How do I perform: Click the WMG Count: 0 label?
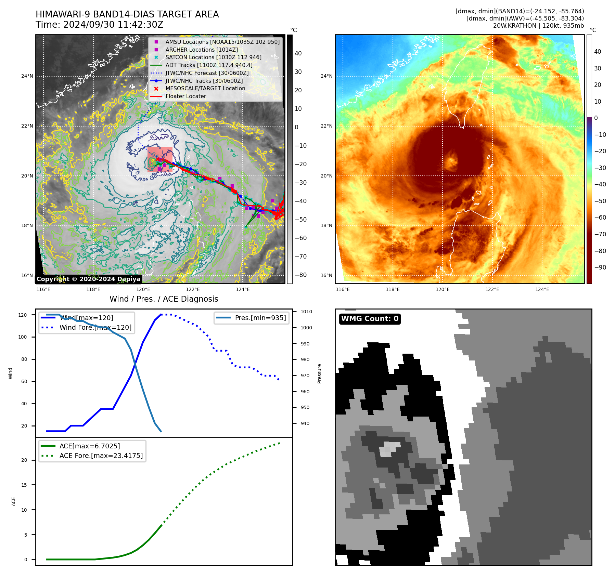point(370,319)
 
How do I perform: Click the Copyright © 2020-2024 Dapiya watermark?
point(88,279)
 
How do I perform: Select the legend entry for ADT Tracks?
point(209,65)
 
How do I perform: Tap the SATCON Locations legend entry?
point(213,57)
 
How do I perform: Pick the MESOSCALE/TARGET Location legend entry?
point(205,88)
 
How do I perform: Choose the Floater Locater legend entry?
point(185,96)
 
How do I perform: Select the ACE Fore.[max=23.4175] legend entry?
point(101,456)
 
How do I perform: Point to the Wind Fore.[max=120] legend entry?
point(95,327)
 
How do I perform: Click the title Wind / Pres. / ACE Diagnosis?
point(164,299)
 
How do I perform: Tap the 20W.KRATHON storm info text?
point(538,26)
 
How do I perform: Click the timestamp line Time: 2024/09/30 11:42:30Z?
point(99,25)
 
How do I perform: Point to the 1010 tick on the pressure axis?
point(306,312)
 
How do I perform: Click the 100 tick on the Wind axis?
point(22,337)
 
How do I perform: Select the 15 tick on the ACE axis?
point(24,485)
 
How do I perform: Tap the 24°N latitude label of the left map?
point(27,76)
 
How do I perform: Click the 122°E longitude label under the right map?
point(492,289)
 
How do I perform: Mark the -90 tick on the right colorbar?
point(600,267)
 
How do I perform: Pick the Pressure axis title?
point(319,373)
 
